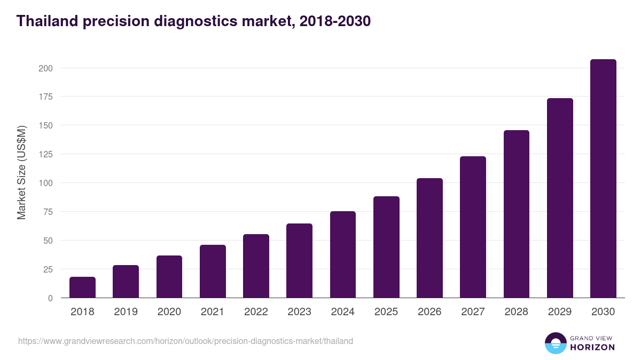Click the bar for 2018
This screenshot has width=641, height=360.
pyautogui.click(x=82, y=287)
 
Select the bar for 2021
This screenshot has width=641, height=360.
pyautogui.click(x=213, y=271)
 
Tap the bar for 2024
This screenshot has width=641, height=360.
pyautogui.click(x=343, y=254)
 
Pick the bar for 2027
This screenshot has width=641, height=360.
pyautogui.click(x=473, y=227)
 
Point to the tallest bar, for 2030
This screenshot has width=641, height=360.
pyautogui.click(x=603, y=179)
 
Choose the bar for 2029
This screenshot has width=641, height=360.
pyautogui.click(x=560, y=198)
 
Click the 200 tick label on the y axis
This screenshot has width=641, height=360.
pyautogui.click(x=45, y=68)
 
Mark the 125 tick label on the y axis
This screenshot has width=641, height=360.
pyautogui.click(x=45, y=154)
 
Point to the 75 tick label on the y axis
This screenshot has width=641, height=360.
pyautogui.click(x=48, y=212)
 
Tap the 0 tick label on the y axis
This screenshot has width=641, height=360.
pyautogui.click(x=50, y=298)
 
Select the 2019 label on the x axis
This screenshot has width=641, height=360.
pyautogui.click(x=126, y=312)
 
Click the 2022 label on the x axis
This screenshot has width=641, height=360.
pyautogui.click(x=256, y=312)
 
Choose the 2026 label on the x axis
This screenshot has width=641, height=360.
pyautogui.click(x=429, y=312)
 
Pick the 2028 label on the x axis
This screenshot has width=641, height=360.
pyautogui.click(x=517, y=312)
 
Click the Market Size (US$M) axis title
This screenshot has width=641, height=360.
pyautogui.click(x=21, y=173)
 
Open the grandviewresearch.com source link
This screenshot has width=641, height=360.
pyautogui.click(x=185, y=341)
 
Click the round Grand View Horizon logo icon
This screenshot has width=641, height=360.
pyautogui.click(x=555, y=343)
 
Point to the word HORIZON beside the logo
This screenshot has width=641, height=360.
pyautogui.click(x=593, y=347)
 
